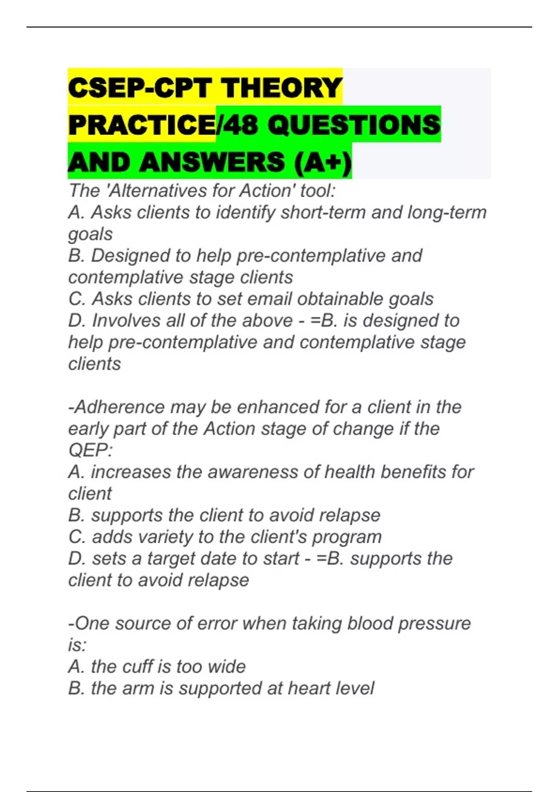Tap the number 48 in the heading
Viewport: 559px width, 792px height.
tap(241, 125)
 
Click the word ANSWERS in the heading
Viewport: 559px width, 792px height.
tap(211, 162)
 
